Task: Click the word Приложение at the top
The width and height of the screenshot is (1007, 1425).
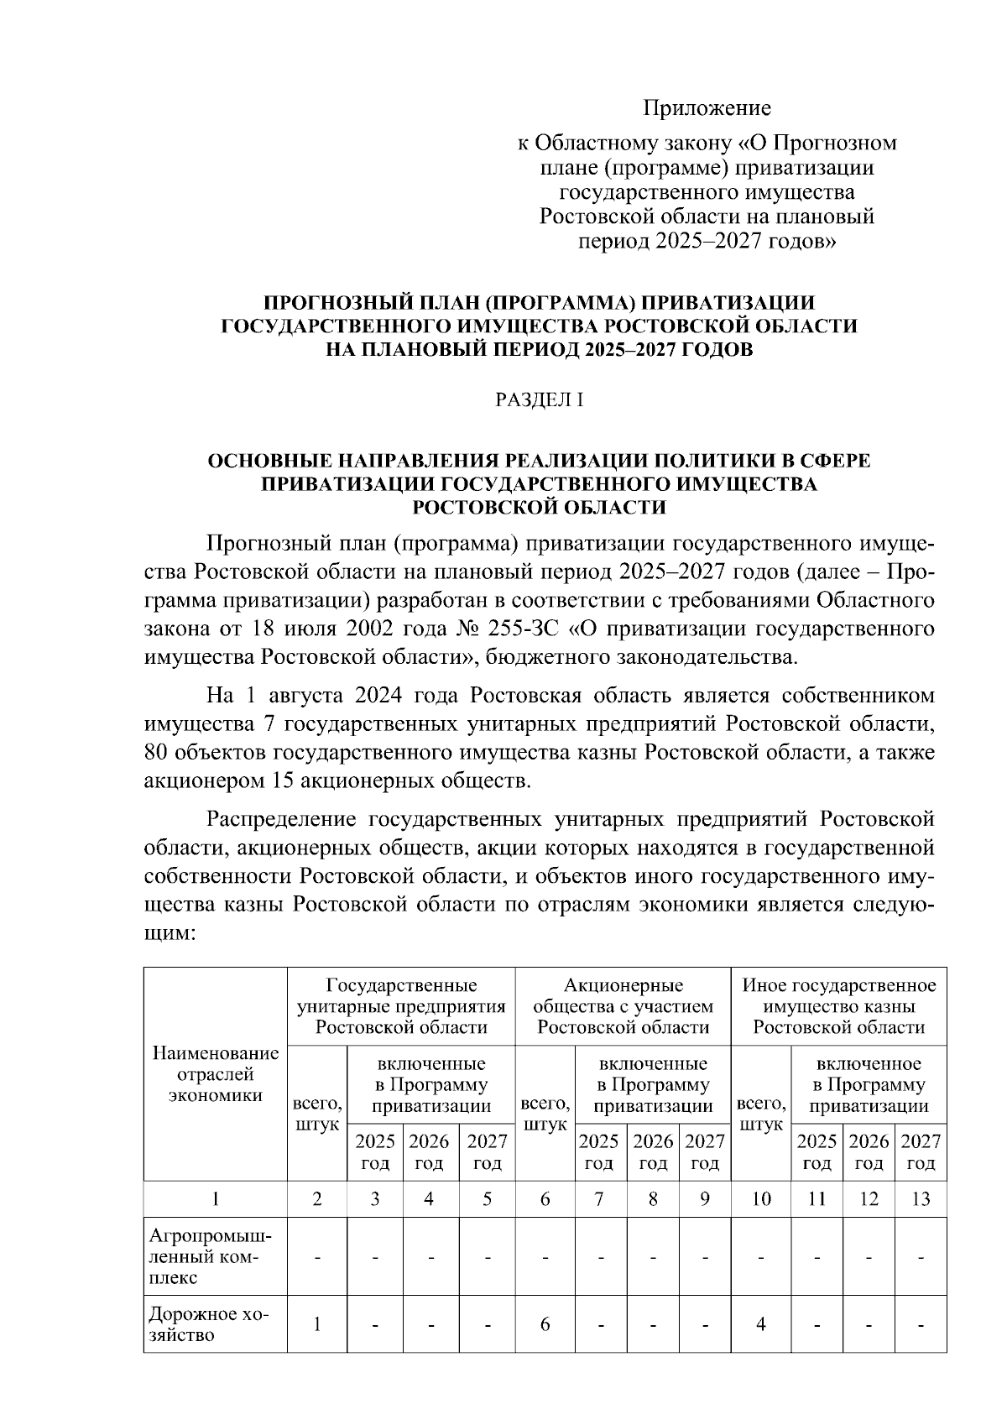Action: click(707, 108)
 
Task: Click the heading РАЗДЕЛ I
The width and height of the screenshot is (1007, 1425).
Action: click(539, 400)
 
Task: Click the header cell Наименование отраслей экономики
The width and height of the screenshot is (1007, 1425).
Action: click(216, 1074)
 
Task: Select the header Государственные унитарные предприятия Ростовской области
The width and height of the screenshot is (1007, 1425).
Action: click(401, 1005)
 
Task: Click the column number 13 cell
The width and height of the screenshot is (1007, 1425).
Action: click(921, 1198)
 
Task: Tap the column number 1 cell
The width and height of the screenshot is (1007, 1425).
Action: click(216, 1198)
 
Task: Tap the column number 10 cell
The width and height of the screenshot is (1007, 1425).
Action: click(760, 1198)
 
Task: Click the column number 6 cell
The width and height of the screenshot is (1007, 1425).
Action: click(545, 1198)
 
